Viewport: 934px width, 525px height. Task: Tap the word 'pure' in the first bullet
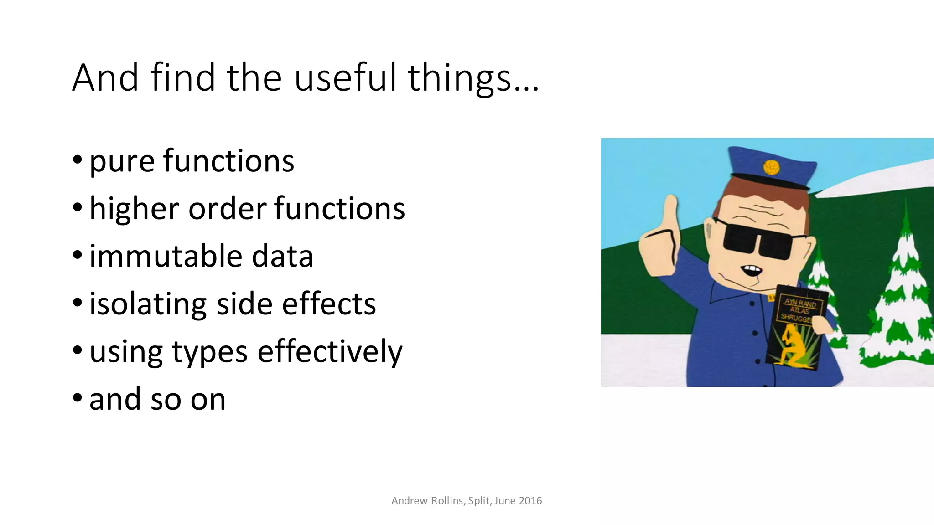click(122, 162)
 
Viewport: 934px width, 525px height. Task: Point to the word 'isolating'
click(148, 304)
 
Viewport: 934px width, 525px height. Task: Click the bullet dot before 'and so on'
click(78, 397)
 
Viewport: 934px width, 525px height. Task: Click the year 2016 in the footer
click(530, 501)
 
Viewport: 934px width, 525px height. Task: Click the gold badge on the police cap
click(772, 167)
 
